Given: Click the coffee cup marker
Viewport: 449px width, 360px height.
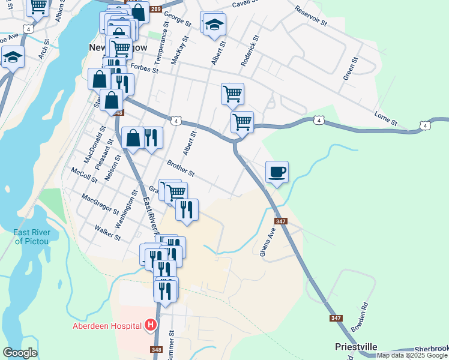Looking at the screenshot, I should (x=277, y=172).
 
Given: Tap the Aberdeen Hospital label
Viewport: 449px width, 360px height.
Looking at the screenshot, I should (x=107, y=326).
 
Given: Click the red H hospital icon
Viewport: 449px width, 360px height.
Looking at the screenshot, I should (x=151, y=326).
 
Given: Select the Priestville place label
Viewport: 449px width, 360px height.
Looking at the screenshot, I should (x=356, y=347).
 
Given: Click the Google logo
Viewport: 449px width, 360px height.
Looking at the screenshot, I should (x=20, y=353).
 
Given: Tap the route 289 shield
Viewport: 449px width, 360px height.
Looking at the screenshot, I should (x=156, y=9).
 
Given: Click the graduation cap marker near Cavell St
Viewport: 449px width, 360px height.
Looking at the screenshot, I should (x=213, y=24).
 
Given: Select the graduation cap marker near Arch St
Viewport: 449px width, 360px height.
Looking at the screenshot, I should (x=12, y=58).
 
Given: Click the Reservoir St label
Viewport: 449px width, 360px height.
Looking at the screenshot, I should (x=310, y=16).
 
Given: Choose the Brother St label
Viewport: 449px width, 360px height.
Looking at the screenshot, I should (x=181, y=168).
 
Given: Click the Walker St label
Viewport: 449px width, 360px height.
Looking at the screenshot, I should (x=107, y=233).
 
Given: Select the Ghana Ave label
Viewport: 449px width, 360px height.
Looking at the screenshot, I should (x=267, y=242).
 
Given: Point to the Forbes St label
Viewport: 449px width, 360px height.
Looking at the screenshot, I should (x=144, y=70).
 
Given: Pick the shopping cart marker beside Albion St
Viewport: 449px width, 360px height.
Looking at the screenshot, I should (x=38, y=6).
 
